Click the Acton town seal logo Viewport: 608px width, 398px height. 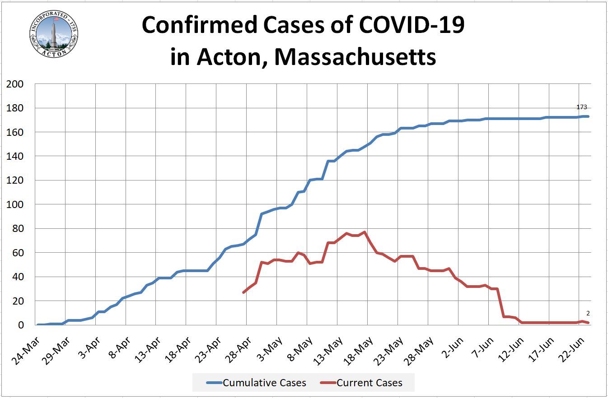[x=53, y=33]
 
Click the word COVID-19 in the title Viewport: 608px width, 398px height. [x=412, y=26]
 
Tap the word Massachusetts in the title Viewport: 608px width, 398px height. [x=355, y=57]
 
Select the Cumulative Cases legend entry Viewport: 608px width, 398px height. [x=256, y=383]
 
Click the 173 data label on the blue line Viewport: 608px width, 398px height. [x=581, y=107]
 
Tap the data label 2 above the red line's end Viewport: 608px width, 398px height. [x=588, y=313]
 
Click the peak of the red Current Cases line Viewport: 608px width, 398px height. [x=365, y=232]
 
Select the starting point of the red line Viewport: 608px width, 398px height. [x=244, y=292]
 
